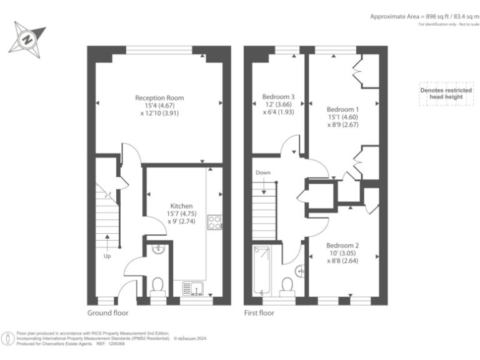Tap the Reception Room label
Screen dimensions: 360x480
(159, 98)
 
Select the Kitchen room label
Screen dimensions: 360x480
(181, 206)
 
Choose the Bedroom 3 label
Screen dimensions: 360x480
(278, 97)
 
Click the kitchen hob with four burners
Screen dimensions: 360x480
(214, 222)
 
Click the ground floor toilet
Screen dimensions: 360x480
(158, 286)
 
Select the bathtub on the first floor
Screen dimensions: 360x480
(261, 270)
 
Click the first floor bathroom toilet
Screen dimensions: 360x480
(287, 284)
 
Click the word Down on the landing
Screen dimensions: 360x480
(263, 172)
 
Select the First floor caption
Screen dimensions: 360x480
(259, 312)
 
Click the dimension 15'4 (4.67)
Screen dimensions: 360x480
(159, 106)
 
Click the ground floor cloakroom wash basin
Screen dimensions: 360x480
(159, 249)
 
